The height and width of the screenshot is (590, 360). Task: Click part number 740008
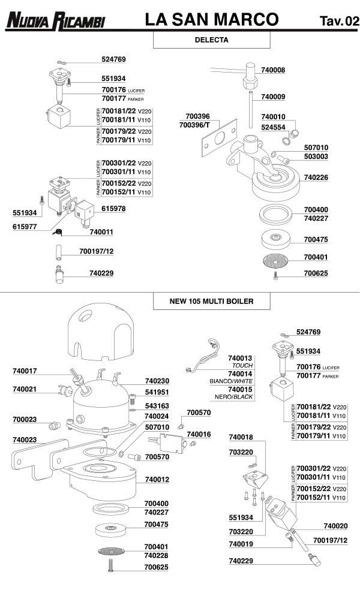273,70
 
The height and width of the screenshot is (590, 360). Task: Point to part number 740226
316,177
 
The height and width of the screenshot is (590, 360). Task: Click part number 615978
114,209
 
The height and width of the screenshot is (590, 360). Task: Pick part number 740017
25,371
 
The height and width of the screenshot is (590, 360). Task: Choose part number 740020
335,526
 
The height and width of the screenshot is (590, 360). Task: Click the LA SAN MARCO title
212,20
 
